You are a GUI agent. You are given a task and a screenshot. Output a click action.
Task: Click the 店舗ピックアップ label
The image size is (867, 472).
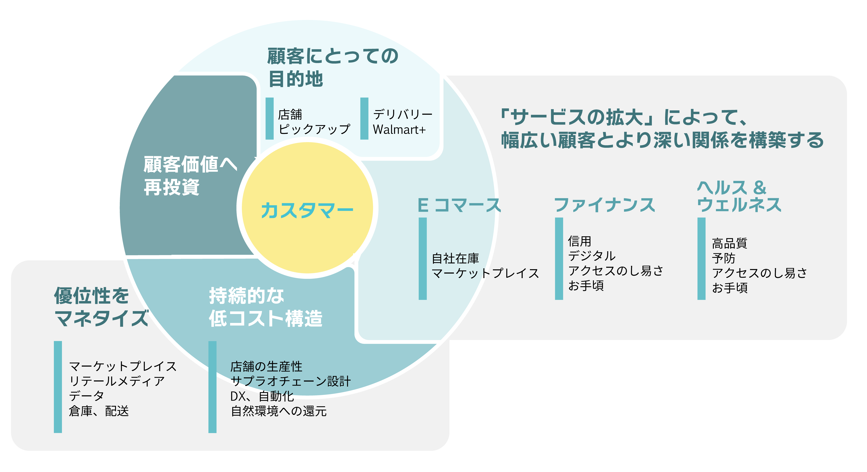314,122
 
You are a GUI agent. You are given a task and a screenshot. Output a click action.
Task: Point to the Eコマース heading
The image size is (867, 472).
459,205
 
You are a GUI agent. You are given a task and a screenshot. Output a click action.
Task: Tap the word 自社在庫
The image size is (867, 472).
455,259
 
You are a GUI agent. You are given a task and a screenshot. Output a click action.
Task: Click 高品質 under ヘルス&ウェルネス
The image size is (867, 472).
729,243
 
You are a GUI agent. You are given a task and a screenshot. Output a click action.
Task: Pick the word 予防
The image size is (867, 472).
723,258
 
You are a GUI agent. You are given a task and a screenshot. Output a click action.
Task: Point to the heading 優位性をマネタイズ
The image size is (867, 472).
101,307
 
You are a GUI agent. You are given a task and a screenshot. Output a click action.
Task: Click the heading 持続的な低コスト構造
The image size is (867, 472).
265,307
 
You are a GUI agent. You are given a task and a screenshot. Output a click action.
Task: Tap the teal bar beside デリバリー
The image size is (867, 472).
364,118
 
